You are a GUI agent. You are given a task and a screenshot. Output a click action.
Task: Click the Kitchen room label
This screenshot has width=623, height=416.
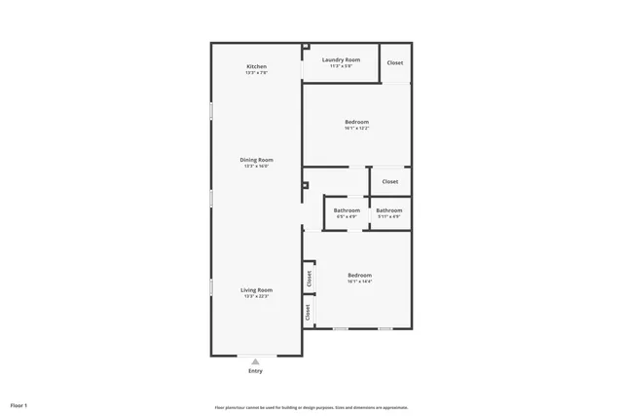[x=256, y=65]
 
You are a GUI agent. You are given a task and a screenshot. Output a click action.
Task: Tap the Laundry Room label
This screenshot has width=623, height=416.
[x=341, y=59]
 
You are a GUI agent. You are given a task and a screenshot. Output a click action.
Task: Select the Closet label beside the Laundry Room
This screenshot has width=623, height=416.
[x=394, y=62]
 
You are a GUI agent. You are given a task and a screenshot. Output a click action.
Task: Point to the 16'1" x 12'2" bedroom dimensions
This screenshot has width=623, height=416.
[x=356, y=129]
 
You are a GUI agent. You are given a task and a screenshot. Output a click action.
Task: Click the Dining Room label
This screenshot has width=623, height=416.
[x=257, y=160]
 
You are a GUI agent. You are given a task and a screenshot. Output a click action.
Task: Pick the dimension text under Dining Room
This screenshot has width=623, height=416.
[x=257, y=167]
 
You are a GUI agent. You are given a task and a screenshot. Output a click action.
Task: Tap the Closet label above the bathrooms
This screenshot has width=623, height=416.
[x=389, y=181]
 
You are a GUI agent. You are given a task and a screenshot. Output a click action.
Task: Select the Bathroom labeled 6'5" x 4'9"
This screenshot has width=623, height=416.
[x=347, y=210]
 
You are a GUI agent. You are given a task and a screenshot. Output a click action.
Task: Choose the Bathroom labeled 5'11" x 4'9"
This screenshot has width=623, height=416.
[x=389, y=210]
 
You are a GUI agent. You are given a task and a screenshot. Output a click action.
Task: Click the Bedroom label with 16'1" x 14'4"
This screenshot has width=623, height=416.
[x=359, y=275]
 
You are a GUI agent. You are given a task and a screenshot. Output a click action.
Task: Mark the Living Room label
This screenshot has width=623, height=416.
[x=257, y=289]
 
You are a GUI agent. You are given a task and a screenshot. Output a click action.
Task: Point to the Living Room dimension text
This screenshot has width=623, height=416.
[x=257, y=296]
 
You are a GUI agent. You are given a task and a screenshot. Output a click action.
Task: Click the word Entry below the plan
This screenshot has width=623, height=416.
[x=255, y=371]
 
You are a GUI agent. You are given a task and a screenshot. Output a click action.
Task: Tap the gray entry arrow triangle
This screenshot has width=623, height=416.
[x=255, y=361]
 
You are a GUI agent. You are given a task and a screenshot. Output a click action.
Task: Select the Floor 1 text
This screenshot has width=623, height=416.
[x=18, y=404]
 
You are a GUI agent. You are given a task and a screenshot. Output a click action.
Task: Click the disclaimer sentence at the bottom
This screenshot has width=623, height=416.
[x=311, y=407]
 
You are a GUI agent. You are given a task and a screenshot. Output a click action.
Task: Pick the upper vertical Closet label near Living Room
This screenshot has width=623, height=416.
[x=309, y=278]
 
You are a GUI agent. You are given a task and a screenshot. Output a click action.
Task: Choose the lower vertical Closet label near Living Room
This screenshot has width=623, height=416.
[x=309, y=313]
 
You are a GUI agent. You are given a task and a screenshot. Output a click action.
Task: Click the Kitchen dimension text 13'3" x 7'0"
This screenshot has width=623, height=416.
[x=256, y=72]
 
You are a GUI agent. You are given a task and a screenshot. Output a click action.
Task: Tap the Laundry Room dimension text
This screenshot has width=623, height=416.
[x=341, y=66]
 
